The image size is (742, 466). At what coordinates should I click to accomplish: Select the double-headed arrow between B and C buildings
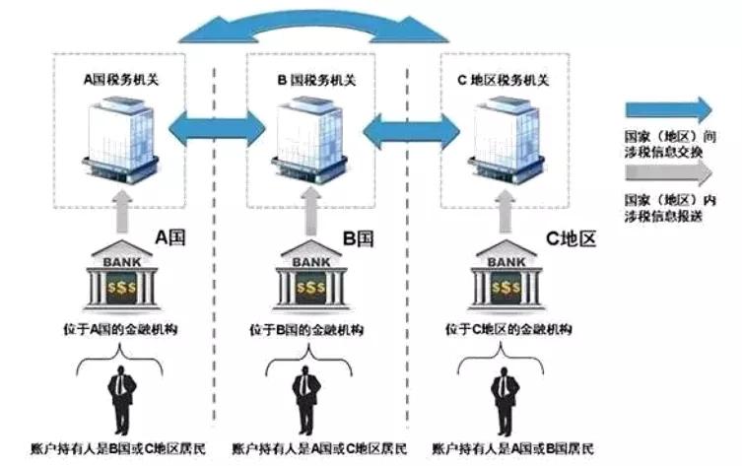point(410,126)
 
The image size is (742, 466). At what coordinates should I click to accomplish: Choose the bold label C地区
point(569,238)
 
